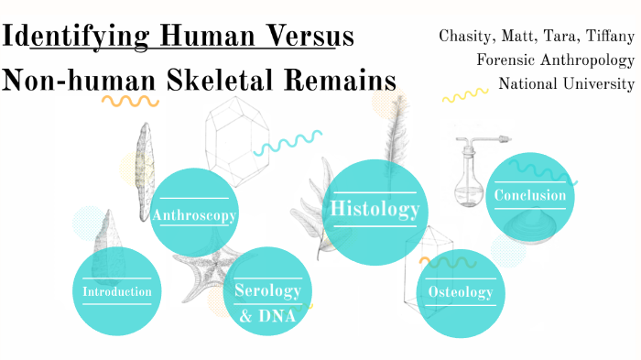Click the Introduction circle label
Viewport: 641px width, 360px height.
click(116, 292)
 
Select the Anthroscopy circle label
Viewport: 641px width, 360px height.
click(195, 216)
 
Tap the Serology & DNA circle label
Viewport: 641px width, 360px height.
click(267, 303)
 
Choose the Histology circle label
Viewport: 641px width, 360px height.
click(375, 209)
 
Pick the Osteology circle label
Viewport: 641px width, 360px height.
click(461, 292)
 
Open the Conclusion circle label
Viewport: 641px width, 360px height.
click(529, 195)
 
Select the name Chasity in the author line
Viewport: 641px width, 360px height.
click(469, 37)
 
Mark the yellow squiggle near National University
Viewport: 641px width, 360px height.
click(465, 95)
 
